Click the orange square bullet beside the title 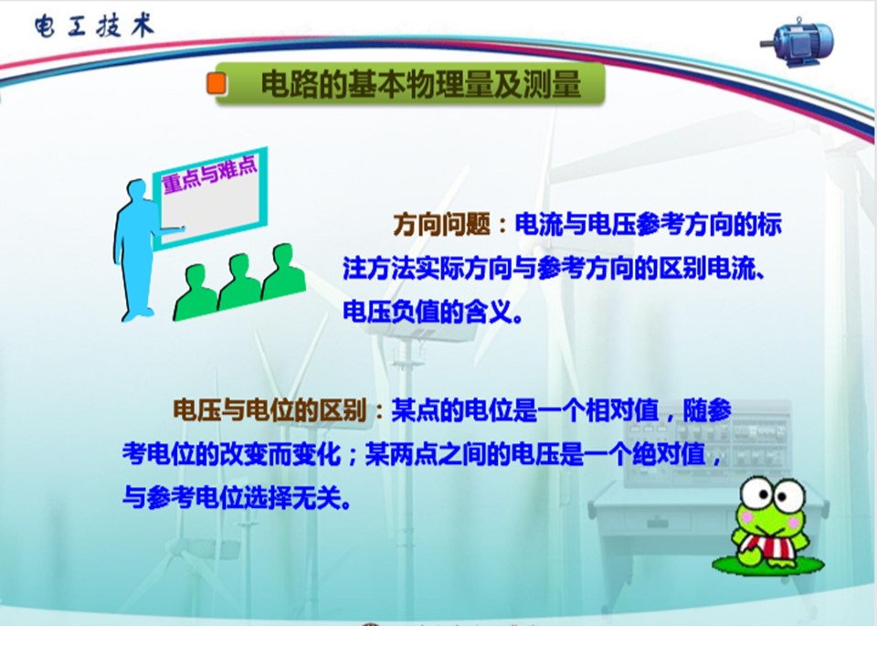coord(217,83)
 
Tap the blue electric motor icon coord(798,43)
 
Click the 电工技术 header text coord(93,26)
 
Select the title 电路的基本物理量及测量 coord(421,84)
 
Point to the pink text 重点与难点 coord(210,173)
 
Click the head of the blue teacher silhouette coord(136,190)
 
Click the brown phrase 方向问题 coord(442,225)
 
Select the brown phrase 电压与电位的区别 coord(269,410)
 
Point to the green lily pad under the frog coord(767,564)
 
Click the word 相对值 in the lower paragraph coord(621,410)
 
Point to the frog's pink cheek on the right coord(794,522)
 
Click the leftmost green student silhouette coord(195,291)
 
